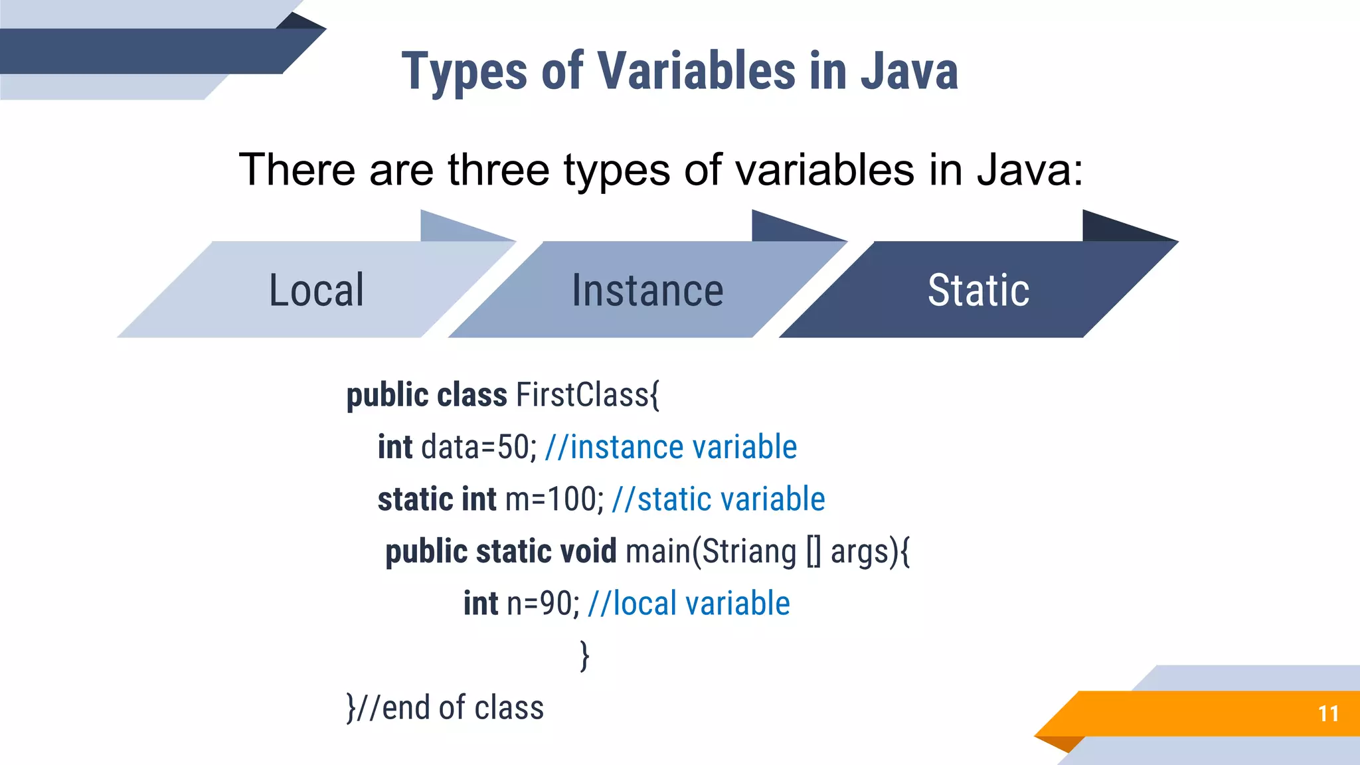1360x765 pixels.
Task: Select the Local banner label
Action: (x=316, y=290)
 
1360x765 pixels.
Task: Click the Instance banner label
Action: (x=647, y=290)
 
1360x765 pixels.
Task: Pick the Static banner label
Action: (x=978, y=290)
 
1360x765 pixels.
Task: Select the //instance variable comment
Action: (x=671, y=447)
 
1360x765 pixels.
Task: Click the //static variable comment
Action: (x=718, y=499)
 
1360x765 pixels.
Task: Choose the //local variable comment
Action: (x=689, y=604)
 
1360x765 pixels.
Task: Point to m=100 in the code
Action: (x=552, y=499)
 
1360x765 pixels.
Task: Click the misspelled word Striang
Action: (x=749, y=552)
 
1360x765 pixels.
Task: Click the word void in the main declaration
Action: (x=588, y=552)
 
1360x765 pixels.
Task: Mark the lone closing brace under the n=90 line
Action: (x=584, y=656)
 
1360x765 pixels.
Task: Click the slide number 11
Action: (x=1327, y=714)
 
